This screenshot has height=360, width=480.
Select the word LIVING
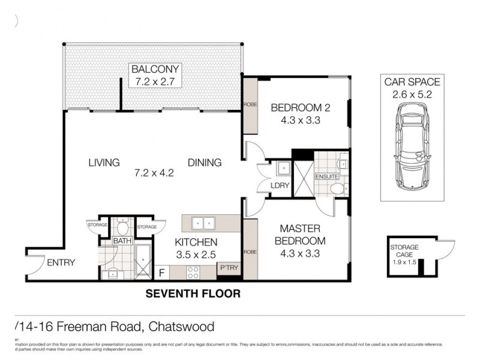click(x=104, y=163)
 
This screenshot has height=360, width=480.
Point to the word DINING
click(x=205, y=163)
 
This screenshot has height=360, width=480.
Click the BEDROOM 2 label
click(x=301, y=108)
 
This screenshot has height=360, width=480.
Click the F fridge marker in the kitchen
click(x=161, y=273)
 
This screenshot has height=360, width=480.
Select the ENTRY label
click(x=61, y=262)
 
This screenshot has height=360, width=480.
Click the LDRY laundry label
click(x=280, y=185)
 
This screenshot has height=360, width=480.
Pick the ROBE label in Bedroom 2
click(x=250, y=104)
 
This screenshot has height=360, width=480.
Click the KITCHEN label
click(x=196, y=242)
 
